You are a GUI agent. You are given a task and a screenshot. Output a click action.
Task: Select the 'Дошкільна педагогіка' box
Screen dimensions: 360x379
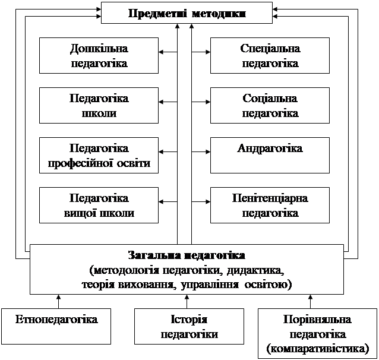[x=99, y=55]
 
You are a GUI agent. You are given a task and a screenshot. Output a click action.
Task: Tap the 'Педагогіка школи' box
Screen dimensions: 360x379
[x=99, y=105]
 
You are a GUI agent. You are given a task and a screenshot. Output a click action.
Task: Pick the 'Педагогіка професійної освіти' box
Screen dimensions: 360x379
[x=99, y=155]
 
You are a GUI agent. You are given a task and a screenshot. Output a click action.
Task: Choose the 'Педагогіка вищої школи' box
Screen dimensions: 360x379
[x=99, y=205]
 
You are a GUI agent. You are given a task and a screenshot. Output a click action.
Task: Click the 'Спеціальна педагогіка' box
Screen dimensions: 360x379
[x=270, y=55]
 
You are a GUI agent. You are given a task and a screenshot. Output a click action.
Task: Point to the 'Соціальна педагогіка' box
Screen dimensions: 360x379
[x=270, y=105]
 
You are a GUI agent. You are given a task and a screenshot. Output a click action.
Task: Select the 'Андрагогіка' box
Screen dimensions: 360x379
[x=270, y=155]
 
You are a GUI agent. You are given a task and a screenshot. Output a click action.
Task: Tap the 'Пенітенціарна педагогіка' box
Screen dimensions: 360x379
[x=270, y=205]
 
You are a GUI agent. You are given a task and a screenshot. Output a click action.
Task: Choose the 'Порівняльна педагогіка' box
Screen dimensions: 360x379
[x=317, y=333]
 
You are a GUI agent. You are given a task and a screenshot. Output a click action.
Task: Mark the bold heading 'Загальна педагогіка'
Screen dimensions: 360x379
[x=187, y=256]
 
